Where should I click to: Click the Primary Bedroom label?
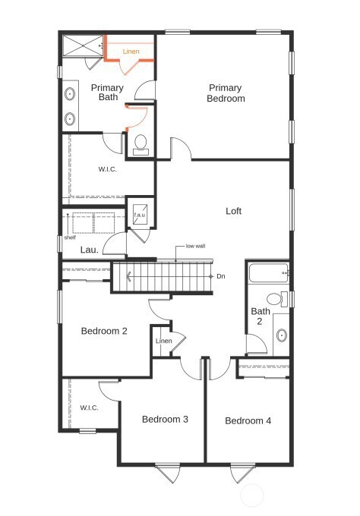pyautogui.click(x=226, y=93)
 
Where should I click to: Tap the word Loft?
pyautogui.click(x=234, y=211)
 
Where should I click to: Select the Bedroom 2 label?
pyautogui.click(x=104, y=331)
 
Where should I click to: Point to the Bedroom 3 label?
pyautogui.click(x=165, y=419)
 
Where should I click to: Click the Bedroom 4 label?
pyautogui.click(x=248, y=420)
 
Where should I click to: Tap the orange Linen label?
pyautogui.click(x=131, y=52)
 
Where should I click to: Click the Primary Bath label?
pyautogui.click(x=107, y=93)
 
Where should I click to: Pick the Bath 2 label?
pyautogui.click(x=261, y=316)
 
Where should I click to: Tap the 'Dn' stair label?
pyautogui.click(x=221, y=276)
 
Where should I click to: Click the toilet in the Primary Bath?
pyautogui.click(x=141, y=143)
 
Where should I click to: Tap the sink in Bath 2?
pyautogui.click(x=281, y=334)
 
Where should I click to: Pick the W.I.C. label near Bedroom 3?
pyautogui.click(x=90, y=408)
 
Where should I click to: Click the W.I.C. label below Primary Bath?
pyautogui.click(x=107, y=168)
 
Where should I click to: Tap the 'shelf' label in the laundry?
pyautogui.click(x=70, y=237)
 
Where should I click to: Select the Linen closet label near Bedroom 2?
pyautogui.click(x=164, y=341)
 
